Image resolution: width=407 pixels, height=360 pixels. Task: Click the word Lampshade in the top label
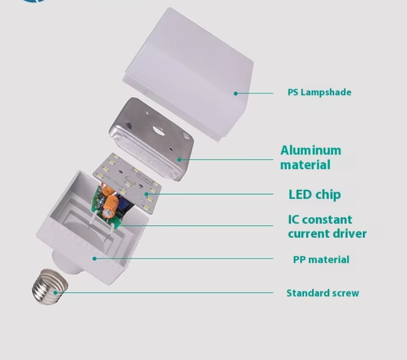pyautogui.click(x=326, y=92)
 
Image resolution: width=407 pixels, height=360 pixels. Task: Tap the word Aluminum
pyautogui.click(x=311, y=150)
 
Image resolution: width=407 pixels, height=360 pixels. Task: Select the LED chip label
pyautogui.click(x=314, y=194)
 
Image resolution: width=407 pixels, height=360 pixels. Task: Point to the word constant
pyautogui.click(x=327, y=220)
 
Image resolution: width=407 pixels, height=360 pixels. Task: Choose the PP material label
pyautogui.click(x=321, y=259)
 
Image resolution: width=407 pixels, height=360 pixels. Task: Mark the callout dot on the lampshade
pyautogui.click(x=235, y=93)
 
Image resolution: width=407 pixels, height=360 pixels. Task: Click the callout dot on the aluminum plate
pyautogui.click(x=179, y=160)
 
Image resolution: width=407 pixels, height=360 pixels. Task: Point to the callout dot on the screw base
pyautogui.click(x=56, y=292)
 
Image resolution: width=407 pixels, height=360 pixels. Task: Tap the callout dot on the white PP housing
pyautogui.click(x=94, y=259)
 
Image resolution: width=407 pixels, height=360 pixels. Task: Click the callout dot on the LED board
pyautogui.click(x=147, y=194)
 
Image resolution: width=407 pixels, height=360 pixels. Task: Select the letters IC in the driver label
pyautogui.click(x=293, y=220)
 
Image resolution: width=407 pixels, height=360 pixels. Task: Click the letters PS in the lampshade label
pyautogui.click(x=293, y=92)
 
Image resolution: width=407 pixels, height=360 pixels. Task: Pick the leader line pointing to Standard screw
pyautogui.click(x=163, y=292)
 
